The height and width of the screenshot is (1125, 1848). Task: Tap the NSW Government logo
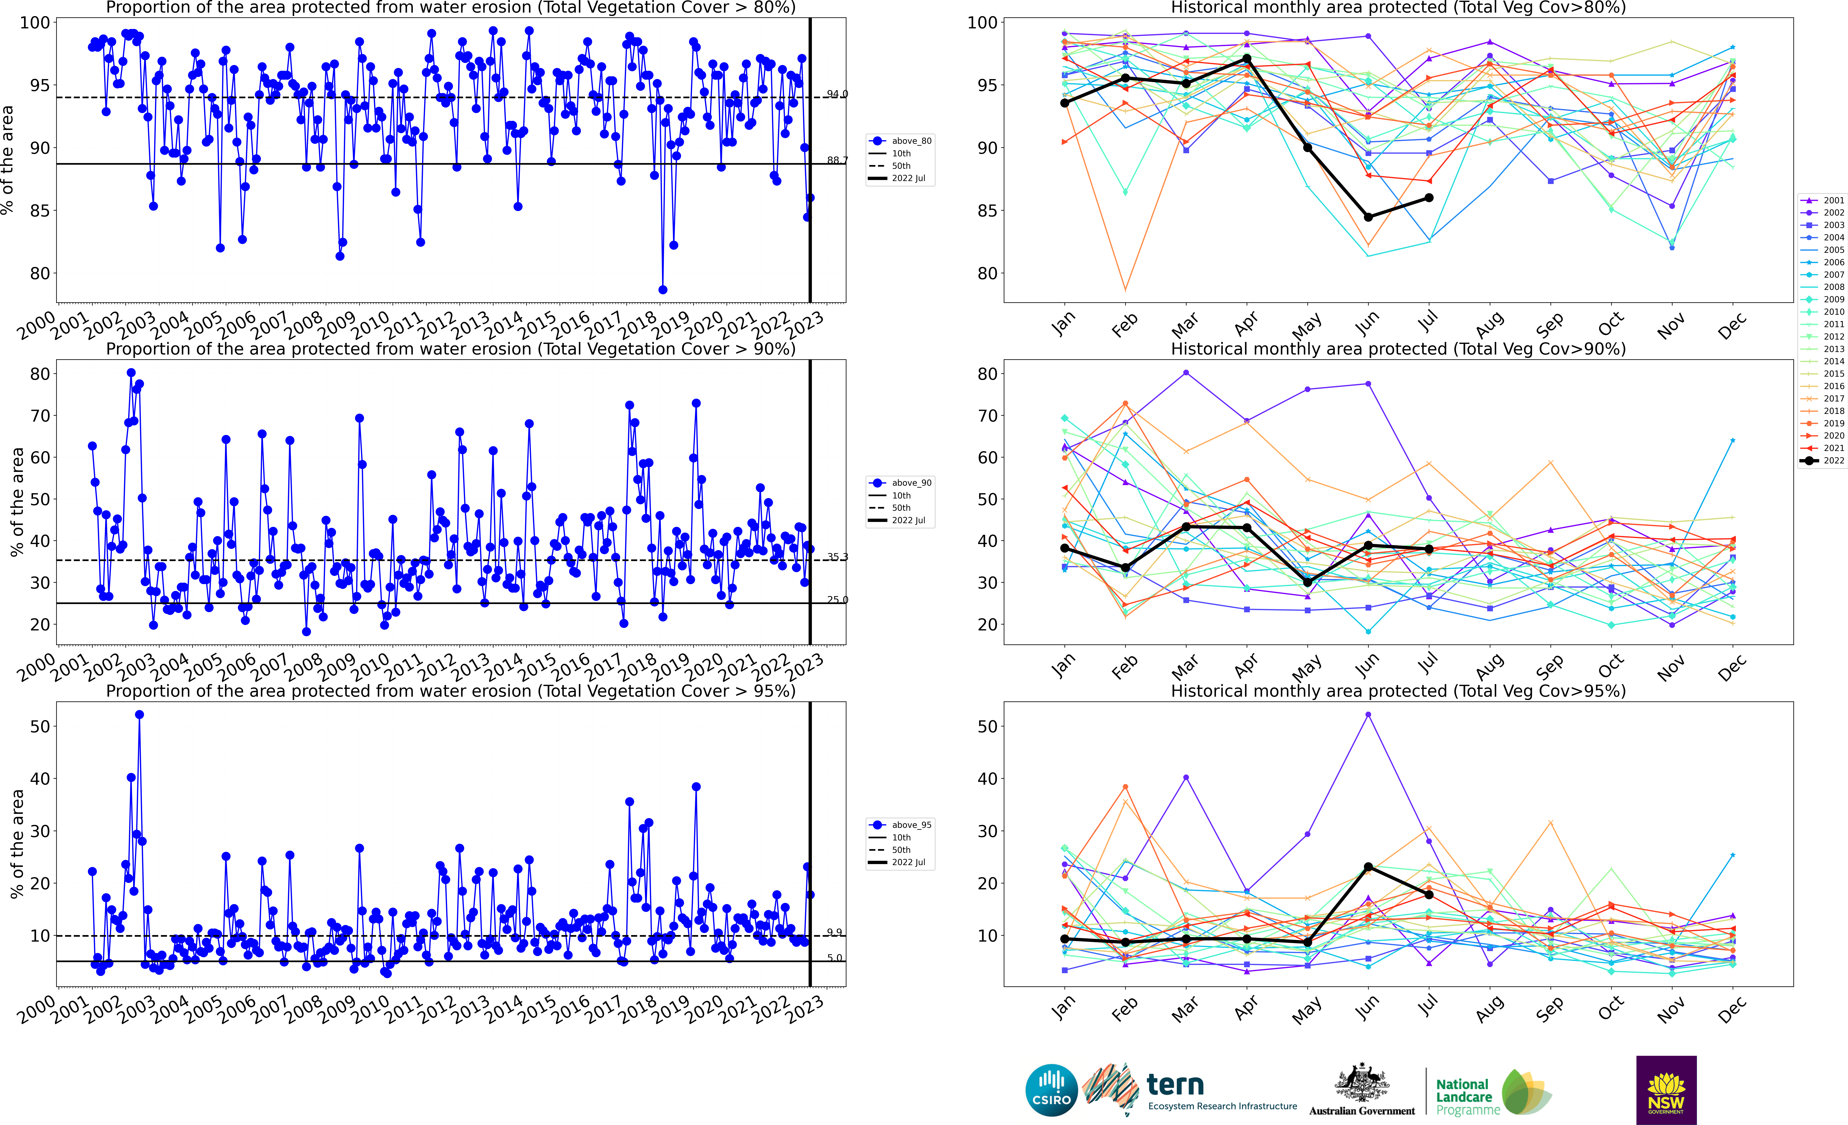coord(1666,1090)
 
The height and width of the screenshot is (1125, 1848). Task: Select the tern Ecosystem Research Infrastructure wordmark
coord(1221,1091)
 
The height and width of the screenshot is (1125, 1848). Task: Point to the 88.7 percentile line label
coord(837,160)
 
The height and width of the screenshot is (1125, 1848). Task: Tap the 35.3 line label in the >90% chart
coord(837,556)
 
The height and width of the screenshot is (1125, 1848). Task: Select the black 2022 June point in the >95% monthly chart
coord(1368,867)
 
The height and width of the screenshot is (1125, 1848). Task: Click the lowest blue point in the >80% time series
coord(662,289)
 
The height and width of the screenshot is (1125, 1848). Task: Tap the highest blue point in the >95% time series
coord(140,715)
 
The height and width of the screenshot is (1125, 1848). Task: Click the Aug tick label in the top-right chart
coord(1489,325)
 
